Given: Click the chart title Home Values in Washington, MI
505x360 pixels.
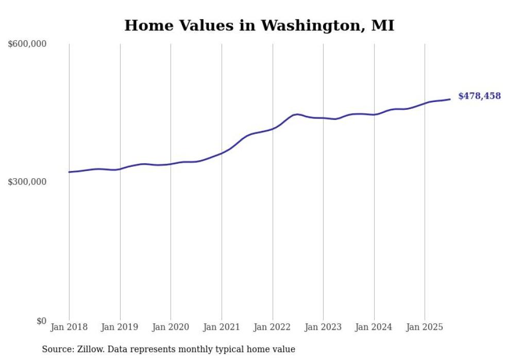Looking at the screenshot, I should tap(259, 25).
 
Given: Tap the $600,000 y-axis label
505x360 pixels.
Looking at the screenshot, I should tap(27, 44).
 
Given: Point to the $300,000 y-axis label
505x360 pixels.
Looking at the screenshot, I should tap(27, 182).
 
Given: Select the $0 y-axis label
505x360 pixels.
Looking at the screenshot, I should tap(41, 321).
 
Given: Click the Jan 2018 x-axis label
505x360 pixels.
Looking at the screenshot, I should tap(69, 327).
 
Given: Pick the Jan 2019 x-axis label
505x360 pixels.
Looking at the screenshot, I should tap(120, 327).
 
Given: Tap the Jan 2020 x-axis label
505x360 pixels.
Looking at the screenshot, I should tap(171, 327).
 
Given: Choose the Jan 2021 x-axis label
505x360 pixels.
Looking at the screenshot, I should tap(222, 327).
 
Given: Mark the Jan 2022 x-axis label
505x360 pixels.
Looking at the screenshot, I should tap(273, 327).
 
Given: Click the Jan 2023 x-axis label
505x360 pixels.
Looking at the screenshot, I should tap(323, 327).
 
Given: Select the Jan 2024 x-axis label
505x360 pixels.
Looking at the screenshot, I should tap(374, 327).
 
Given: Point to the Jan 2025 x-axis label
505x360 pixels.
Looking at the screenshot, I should tap(425, 327).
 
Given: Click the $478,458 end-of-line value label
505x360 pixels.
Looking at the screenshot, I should tap(479, 96).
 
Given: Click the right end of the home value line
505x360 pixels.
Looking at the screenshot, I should tap(450, 99).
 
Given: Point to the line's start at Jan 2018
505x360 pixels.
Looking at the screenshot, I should tap(69, 172).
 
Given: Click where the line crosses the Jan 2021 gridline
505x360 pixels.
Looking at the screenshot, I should tap(222, 153).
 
